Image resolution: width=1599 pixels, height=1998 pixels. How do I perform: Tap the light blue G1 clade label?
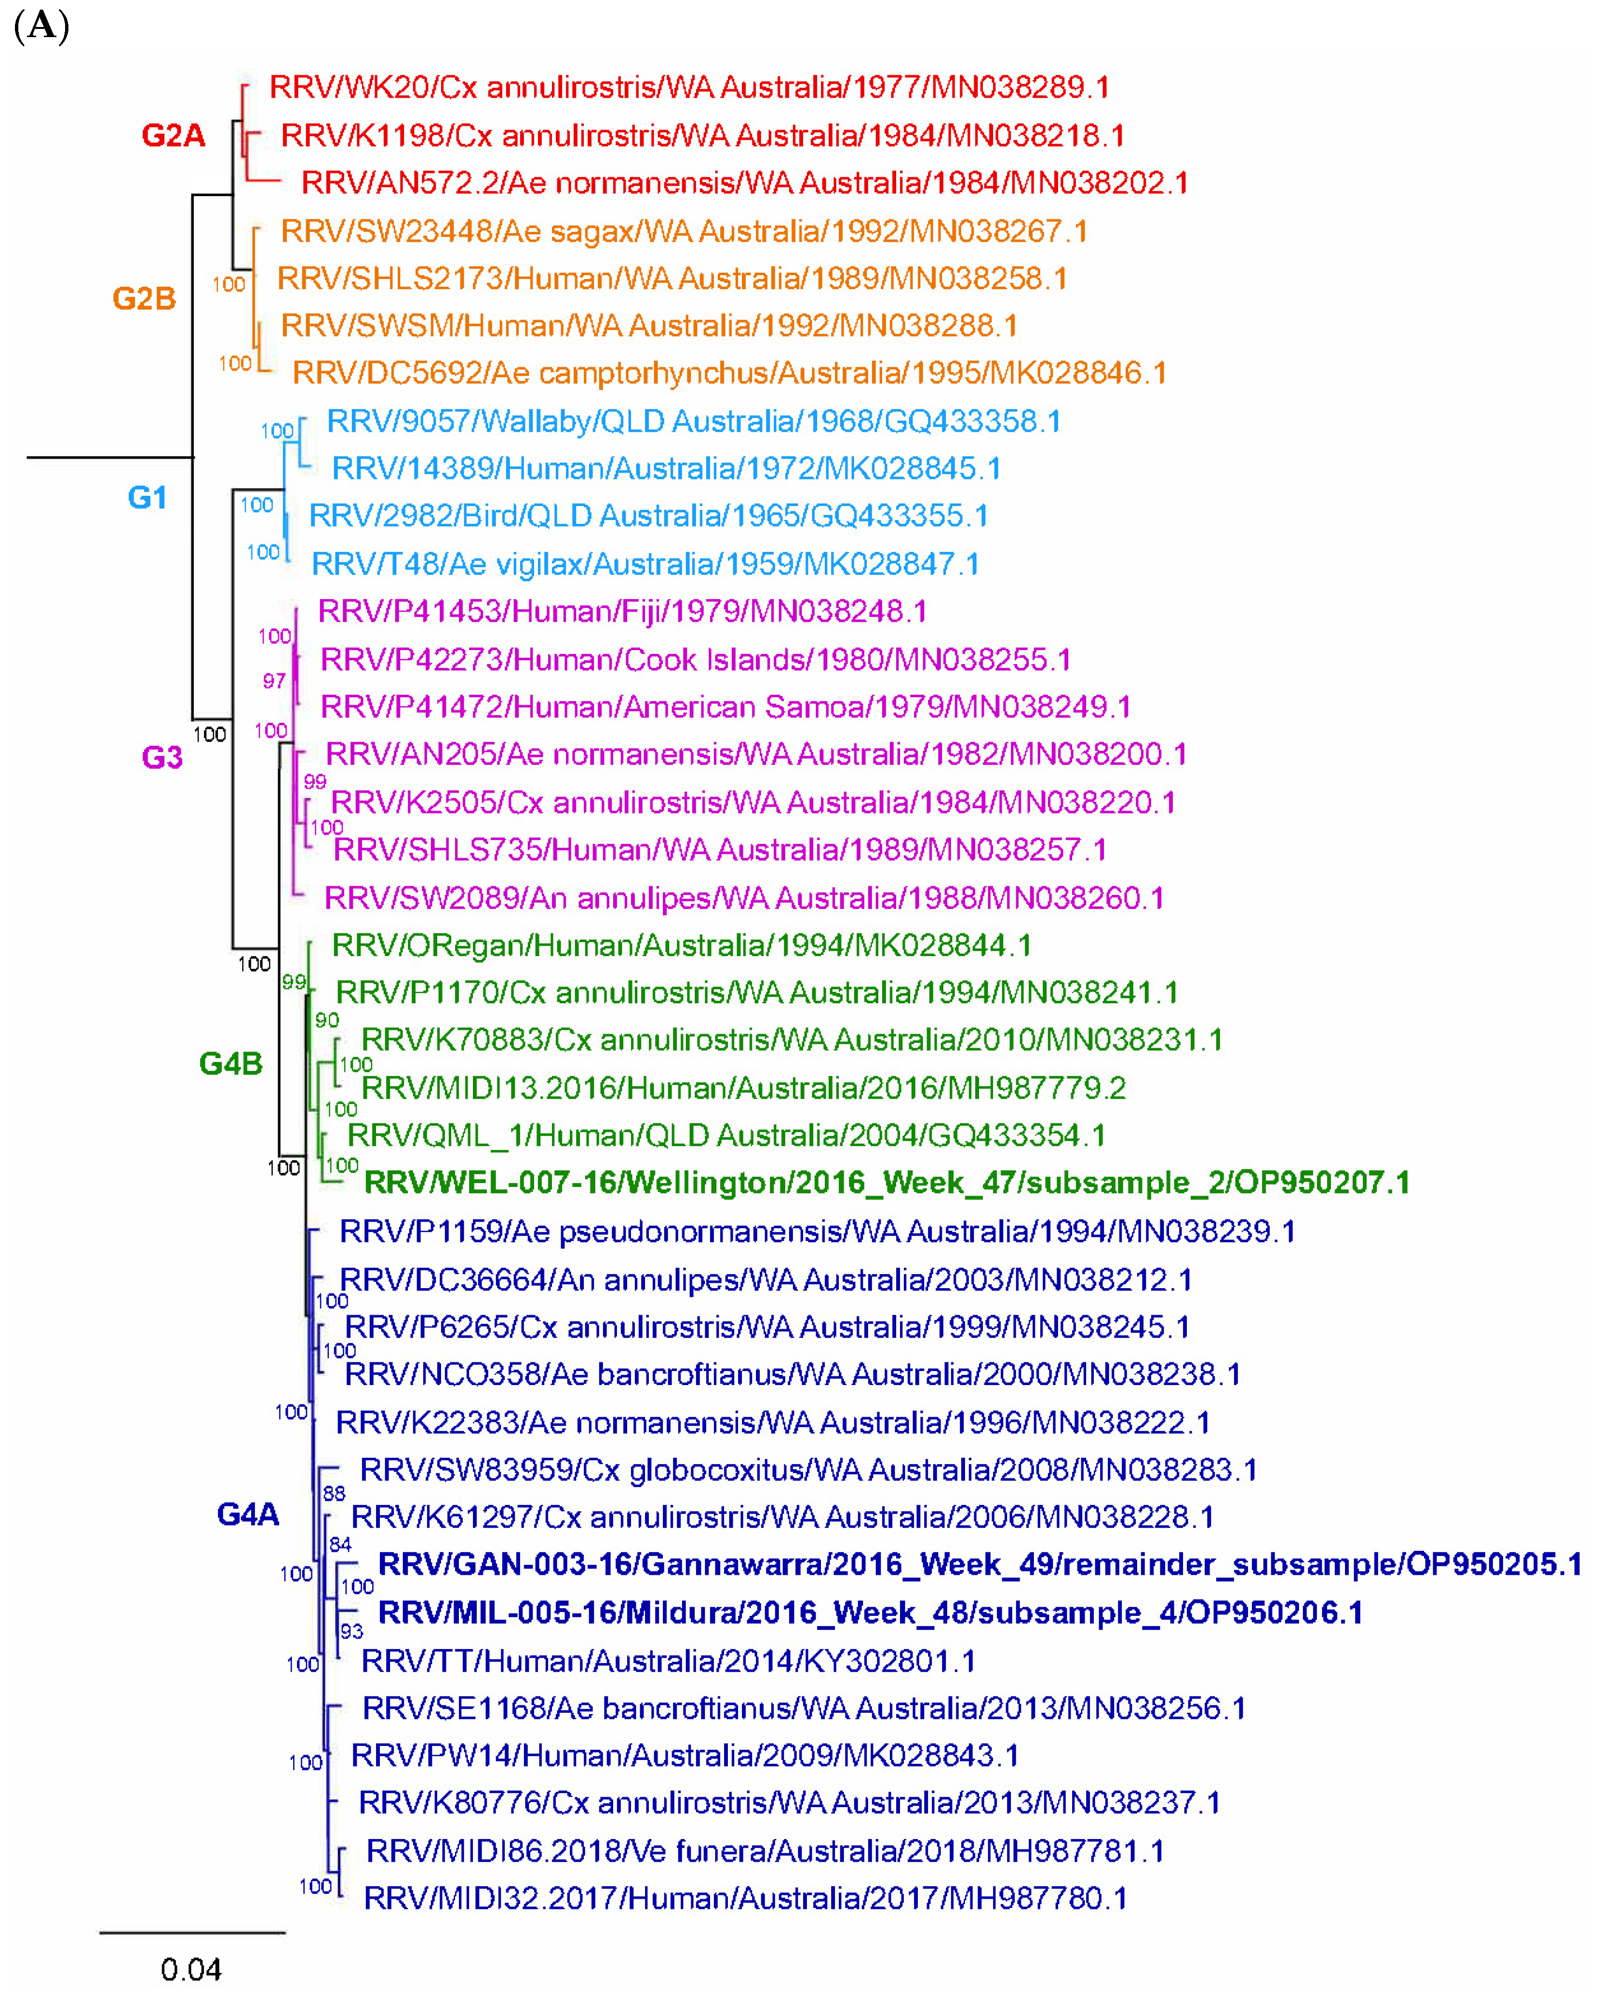[x=148, y=498]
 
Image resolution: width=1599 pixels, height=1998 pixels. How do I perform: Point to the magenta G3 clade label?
[x=162, y=757]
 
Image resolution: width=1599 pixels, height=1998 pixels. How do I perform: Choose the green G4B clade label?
[x=231, y=1063]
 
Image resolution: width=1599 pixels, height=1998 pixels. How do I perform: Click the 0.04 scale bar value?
[x=191, y=1968]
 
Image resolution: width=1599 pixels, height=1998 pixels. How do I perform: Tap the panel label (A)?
[x=42, y=26]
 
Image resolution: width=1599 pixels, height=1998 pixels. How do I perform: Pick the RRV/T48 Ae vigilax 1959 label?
[x=645, y=563]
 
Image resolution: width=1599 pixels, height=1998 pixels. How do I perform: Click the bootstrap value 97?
[x=273, y=681]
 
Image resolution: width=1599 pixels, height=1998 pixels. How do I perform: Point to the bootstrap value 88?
[x=334, y=1493]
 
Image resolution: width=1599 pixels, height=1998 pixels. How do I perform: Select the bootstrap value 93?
[x=351, y=1631]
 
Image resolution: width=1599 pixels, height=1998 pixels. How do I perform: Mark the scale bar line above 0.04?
[x=192, y=1932]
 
